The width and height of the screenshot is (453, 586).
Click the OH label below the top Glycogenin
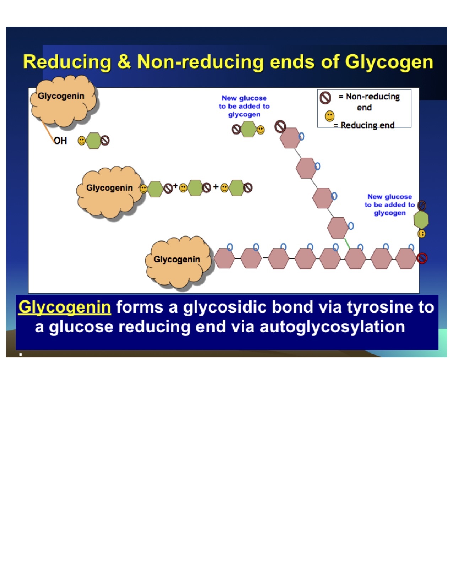click(x=60, y=141)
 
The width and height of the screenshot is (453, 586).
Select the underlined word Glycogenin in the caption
click(x=65, y=307)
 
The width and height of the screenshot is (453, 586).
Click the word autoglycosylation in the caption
click(x=332, y=327)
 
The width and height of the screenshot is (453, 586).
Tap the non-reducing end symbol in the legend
click(x=325, y=97)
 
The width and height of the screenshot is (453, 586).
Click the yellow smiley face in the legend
click(x=330, y=116)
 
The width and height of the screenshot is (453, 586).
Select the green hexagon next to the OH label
click(x=93, y=141)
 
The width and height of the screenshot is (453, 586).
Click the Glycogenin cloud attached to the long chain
click(x=177, y=260)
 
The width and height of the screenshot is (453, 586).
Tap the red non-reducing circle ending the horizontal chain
click(x=422, y=258)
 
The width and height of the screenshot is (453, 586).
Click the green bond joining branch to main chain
click(x=347, y=243)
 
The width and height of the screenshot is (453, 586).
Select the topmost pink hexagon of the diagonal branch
click(x=290, y=138)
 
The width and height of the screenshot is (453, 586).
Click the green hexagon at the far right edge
click(x=421, y=220)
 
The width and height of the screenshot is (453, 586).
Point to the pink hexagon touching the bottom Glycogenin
click(x=224, y=259)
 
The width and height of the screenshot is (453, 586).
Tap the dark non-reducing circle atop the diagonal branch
click(x=280, y=126)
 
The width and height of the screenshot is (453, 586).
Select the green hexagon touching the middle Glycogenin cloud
click(x=155, y=189)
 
